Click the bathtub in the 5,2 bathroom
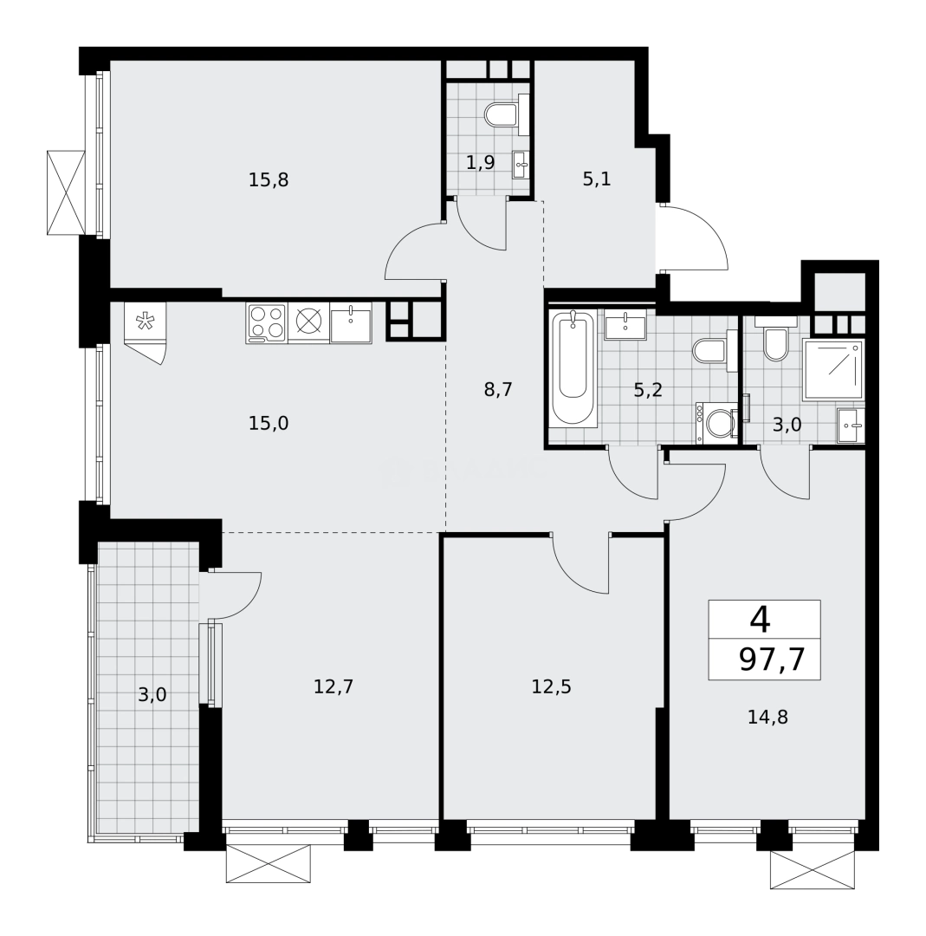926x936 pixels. click(573, 368)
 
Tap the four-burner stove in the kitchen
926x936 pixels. click(267, 322)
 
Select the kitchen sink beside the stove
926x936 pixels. click(351, 323)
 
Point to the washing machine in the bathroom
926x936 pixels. click(718, 424)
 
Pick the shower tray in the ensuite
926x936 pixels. click(832, 369)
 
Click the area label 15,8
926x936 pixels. click(268, 180)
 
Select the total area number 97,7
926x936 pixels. click(772, 660)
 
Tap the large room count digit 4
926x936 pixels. click(760, 620)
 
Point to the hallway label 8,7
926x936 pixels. click(498, 389)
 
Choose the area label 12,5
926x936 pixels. click(551, 686)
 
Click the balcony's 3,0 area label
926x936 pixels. click(152, 694)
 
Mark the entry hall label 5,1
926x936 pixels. click(596, 180)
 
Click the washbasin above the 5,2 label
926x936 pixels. click(625, 326)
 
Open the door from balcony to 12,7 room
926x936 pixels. click(232, 592)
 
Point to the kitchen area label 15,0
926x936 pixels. click(268, 423)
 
